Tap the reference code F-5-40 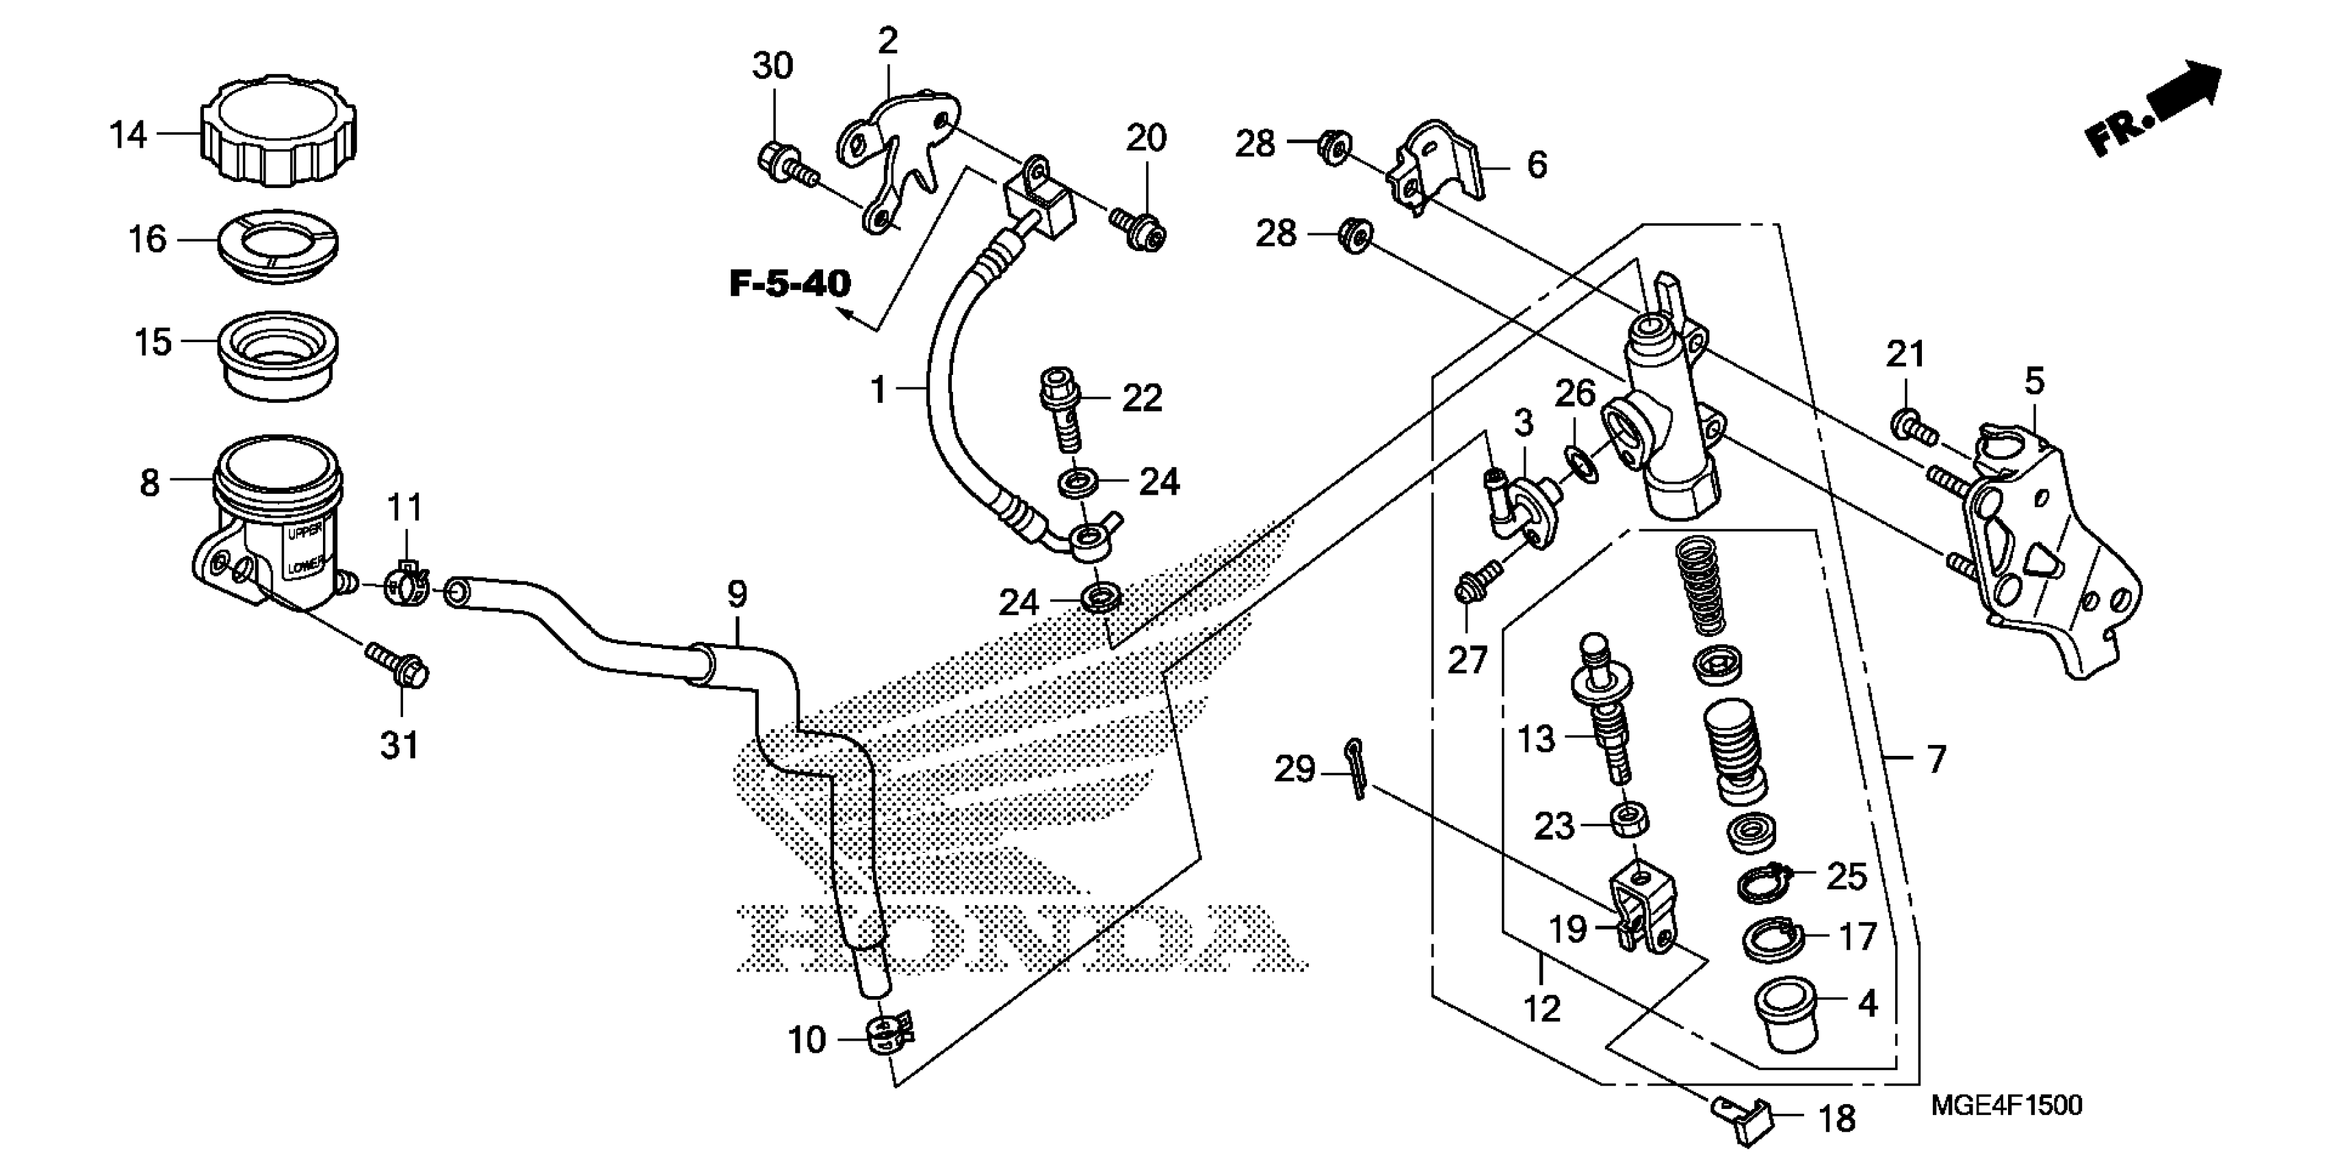pos(790,284)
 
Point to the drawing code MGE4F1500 pos(2006,1105)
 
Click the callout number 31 pos(399,746)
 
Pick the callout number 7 pos(1936,759)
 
